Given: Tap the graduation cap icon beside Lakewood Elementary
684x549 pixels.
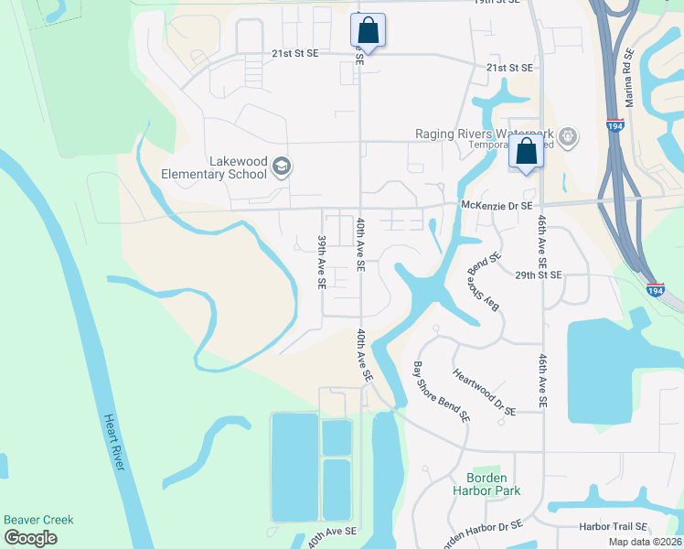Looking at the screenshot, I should pos(283,167).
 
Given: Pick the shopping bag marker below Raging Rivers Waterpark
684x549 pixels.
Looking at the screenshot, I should pos(527,153).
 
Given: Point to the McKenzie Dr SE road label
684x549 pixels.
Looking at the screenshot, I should pos(497,206).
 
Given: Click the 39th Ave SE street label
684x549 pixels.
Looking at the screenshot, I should pos(322,263).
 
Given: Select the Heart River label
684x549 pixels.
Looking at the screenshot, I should pos(112,443).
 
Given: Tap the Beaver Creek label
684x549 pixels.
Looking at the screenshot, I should pos(38,520).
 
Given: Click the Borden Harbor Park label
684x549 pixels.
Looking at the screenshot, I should pos(493,484).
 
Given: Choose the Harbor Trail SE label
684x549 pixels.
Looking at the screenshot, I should pos(613,527).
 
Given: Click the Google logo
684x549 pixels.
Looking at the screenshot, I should pos(30,538).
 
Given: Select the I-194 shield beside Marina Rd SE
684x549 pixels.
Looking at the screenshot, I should pos(618,126).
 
